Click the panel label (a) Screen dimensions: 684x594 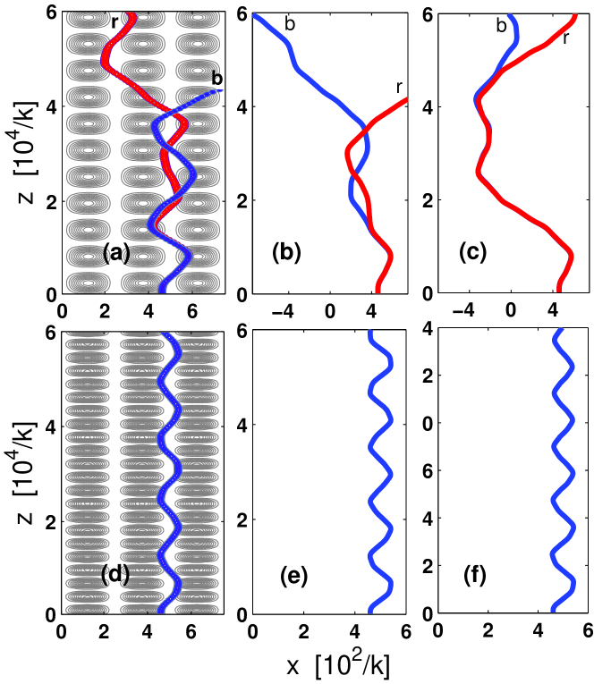[x=117, y=255]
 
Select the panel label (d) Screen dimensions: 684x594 [x=117, y=574]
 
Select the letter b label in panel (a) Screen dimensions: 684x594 [x=216, y=79]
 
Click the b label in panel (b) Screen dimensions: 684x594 [x=289, y=24]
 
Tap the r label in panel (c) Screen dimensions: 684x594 [x=566, y=38]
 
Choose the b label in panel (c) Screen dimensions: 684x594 [x=502, y=28]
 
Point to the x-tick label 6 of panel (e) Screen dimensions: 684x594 [x=407, y=632]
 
